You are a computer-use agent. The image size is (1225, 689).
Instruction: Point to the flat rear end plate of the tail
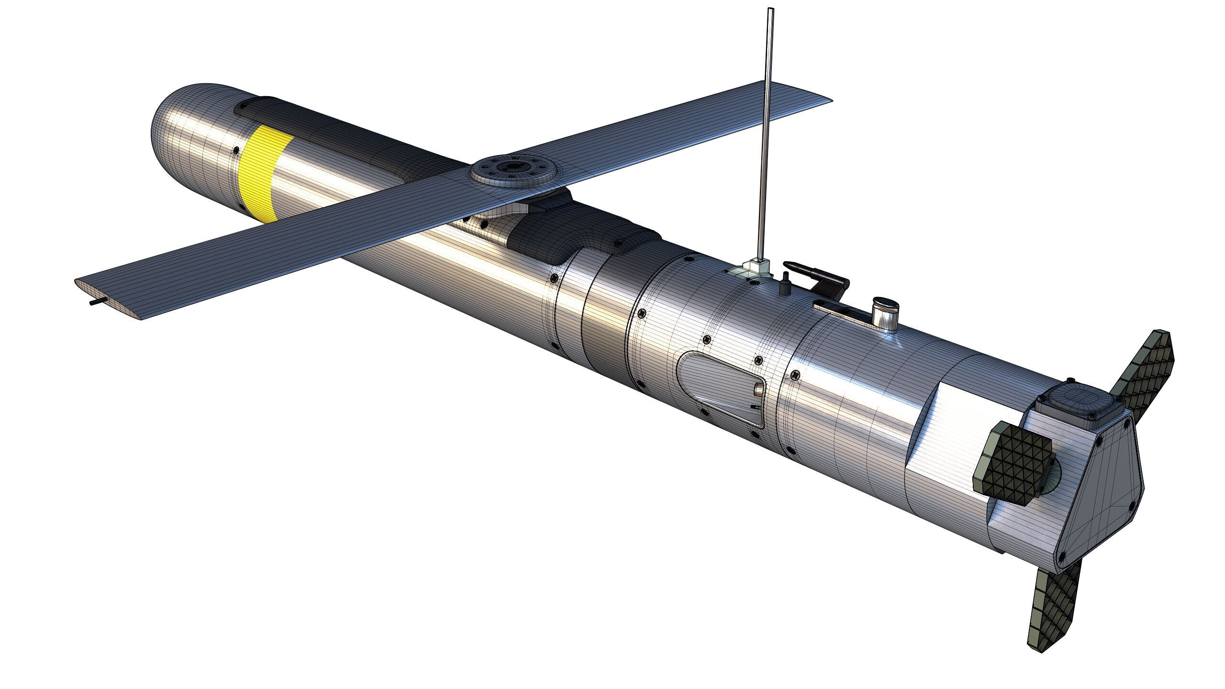click(1101, 493)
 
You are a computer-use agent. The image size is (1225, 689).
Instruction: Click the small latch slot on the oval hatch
click(758, 388)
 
